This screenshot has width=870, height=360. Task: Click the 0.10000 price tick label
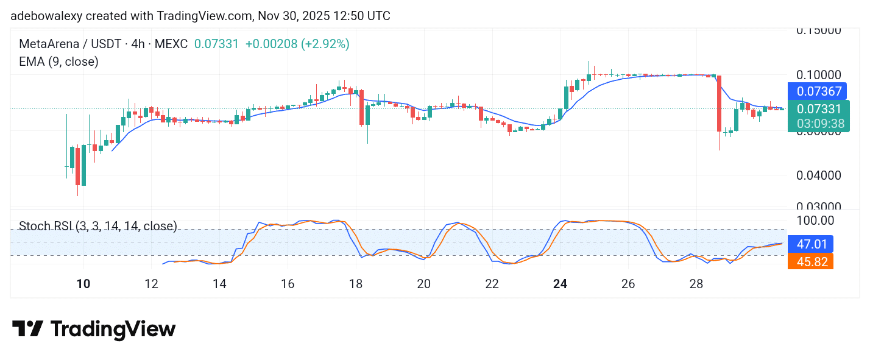(819, 74)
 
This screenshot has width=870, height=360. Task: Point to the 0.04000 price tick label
(819, 175)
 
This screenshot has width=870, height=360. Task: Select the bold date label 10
(83, 284)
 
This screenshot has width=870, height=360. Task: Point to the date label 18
(356, 284)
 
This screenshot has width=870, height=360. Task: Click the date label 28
(696, 284)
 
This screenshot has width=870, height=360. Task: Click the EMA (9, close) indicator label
(58, 62)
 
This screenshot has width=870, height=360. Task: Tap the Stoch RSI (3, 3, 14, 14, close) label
(97, 226)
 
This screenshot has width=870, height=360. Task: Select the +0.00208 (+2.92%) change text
(297, 44)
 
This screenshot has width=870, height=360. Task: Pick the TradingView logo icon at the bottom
(27, 329)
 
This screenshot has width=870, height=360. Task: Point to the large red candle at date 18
(362, 107)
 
